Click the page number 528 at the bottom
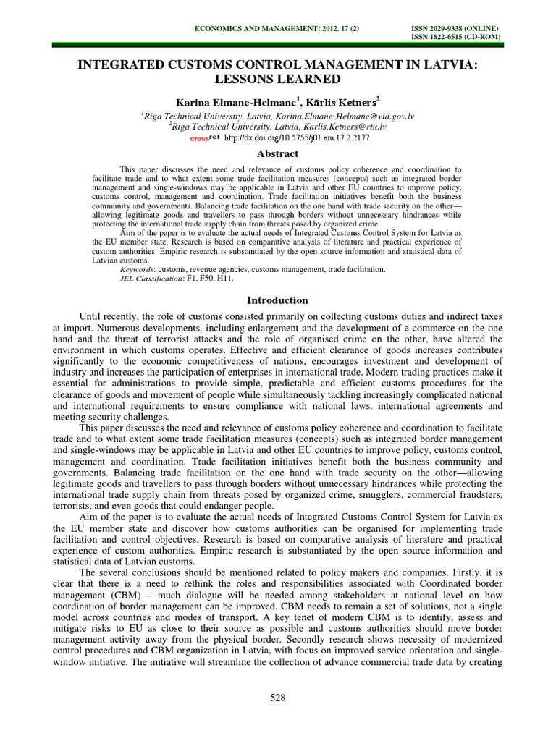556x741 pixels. point(278,698)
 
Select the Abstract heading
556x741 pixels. point(278,153)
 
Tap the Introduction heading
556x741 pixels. point(278,300)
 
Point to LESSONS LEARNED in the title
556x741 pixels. point(278,79)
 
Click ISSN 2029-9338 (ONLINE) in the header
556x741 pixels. point(454,27)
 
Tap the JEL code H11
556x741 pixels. point(235,279)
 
